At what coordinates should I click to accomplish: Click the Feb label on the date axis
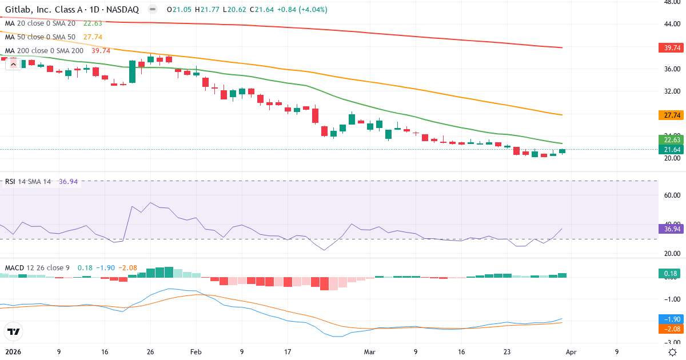(196, 352)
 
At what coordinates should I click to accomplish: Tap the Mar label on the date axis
(370, 352)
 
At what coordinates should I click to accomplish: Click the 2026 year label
(13, 352)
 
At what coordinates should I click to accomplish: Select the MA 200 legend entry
(45, 50)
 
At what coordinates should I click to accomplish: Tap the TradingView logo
(13, 331)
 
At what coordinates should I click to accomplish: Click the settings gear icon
(673, 352)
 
